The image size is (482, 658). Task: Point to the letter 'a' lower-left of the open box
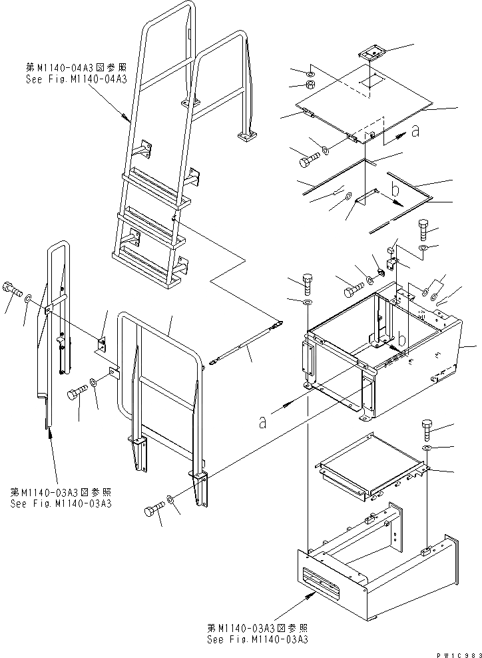[x=263, y=421]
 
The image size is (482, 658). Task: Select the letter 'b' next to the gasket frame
[x=395, y=190]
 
